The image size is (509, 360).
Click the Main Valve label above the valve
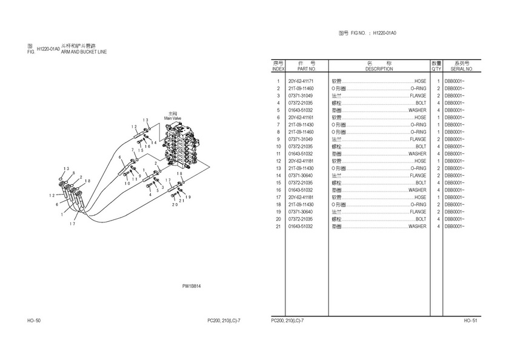(x=173, y=118)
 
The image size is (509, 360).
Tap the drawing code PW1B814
(x=191, y=287)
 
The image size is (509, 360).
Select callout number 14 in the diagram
(x=155, y=142)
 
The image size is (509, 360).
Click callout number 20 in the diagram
(x=175, y=204)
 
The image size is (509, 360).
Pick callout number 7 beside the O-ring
(x=133, y=150)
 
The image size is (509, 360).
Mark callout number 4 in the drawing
(x=149, y=195)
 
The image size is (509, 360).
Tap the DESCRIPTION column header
(x=379, y=69)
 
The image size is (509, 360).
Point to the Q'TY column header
(x=436, y=69)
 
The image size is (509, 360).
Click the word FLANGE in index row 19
(x=418, y=212)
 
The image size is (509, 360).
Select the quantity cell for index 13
(x=437, y=168)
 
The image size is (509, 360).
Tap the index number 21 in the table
(x=278, y=227)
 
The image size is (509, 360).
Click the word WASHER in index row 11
(x=417, y=154)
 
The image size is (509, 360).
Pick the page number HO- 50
(x=34, y=320)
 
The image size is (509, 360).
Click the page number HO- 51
(x=471, y=320)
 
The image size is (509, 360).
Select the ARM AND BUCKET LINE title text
(x=84, y=53)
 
